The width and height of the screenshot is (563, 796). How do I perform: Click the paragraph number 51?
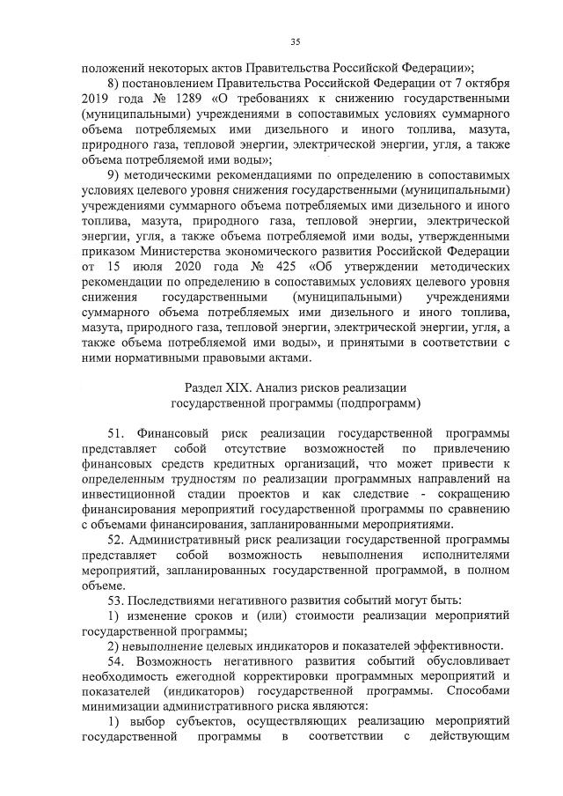(x=116, y=434)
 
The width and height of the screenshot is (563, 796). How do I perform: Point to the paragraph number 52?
(x=116, y=539)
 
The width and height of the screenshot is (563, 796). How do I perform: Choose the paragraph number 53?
(x=116, y=601)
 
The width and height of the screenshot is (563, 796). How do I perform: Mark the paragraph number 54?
(x=116, y=660)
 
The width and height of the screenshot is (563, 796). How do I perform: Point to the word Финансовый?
(x=170, y=434)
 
